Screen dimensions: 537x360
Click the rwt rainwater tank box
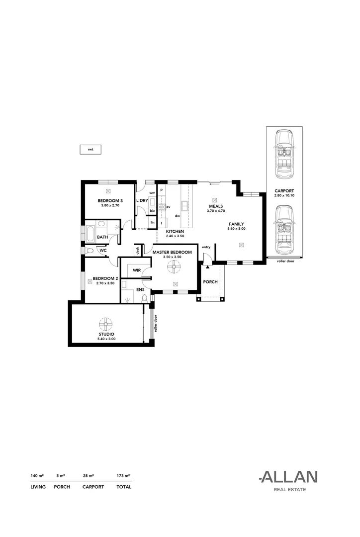tap(90, 149)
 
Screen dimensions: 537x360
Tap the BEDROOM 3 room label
tap(110, 200)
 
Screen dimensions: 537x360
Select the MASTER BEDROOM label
tap(173, 252)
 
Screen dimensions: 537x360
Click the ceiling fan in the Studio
tap(106, 324)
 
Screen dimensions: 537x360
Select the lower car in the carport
tap(284, 230)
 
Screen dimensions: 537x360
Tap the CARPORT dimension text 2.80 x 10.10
tap(284, 195)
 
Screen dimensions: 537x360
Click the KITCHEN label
tap(175, 232)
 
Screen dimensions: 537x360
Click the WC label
tap(103, 250)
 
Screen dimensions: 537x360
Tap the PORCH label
tap(210, 282)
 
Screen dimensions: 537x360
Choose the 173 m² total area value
tap(123, 475)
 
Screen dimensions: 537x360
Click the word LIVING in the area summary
tap(38, 487)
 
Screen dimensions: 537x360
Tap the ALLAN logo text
tap(288, 477)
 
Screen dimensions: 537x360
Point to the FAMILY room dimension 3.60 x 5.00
tap(236, 229)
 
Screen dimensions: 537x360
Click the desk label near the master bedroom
tap(137, 250)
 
